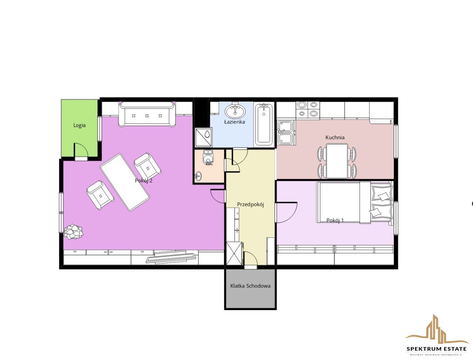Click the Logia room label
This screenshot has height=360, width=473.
click(79, 125)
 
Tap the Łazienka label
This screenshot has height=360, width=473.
click(234, 122)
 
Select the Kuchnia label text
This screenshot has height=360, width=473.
click(335, 138)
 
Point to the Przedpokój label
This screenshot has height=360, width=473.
click(251, 204)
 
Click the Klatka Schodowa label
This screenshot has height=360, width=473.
click(250, 286)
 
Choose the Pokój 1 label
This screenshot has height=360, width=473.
click(335, 220)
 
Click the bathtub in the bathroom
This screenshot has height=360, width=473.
click(264, 124)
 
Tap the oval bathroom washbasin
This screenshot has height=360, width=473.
click(235, 111)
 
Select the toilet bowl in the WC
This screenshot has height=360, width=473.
click(208, 157)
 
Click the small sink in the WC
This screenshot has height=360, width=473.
click(198, 177)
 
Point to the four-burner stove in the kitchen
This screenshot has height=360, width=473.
click(308, 109)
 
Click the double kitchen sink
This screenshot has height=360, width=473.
click(285, 132)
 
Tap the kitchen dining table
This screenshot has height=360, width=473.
click(337, 161)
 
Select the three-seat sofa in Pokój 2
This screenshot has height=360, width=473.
click(147, 114)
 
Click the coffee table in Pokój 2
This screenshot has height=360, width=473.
click(125, 182)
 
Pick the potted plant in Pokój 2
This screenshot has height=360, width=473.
click(73, 232)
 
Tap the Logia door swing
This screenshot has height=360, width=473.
click(81, 150)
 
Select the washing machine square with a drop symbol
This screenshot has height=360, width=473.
click(203, 137)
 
